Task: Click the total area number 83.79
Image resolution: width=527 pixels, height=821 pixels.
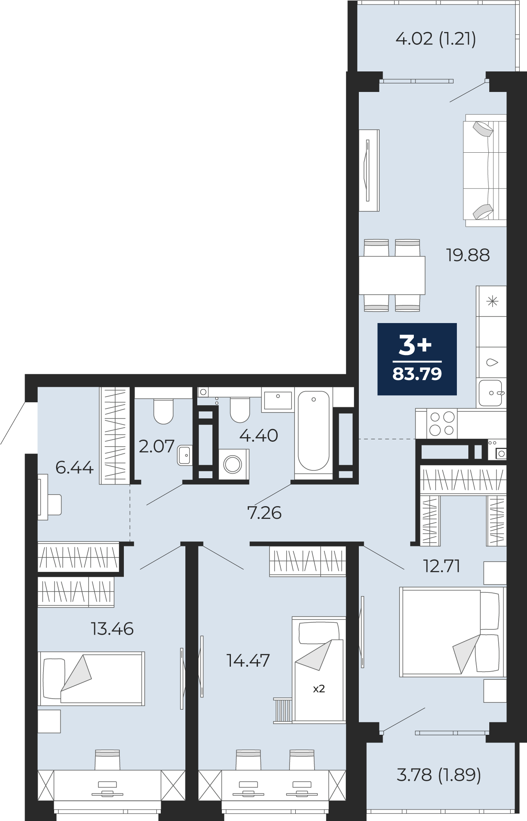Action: point(417,374)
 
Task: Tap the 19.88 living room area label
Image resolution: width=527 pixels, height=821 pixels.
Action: point(468,255)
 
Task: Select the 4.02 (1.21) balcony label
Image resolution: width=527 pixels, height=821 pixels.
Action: point(436,39)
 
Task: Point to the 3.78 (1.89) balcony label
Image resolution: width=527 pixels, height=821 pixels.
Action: point(439,775)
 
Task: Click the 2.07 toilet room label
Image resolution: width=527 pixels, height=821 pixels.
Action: point(157,446)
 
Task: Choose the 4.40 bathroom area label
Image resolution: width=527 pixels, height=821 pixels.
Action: point(259,435)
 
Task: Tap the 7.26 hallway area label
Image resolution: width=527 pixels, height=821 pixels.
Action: point(265,513)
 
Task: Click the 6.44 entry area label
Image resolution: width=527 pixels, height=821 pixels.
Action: point(75,468)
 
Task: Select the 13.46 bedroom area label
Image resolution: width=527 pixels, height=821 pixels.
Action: point(112,629)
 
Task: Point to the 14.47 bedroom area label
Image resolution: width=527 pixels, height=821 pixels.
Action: point(248,660)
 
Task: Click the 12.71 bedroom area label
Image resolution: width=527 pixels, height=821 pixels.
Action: point(442,566)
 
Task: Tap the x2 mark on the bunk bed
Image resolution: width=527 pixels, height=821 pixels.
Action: point(319,689)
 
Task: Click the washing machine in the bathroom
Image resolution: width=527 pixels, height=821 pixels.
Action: point(233,464)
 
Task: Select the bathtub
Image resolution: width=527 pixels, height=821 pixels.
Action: point(314,431)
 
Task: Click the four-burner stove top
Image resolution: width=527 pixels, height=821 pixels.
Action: point(442,424)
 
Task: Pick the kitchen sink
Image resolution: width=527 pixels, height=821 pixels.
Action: point(491,393)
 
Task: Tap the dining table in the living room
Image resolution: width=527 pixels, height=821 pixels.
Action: point(392,275)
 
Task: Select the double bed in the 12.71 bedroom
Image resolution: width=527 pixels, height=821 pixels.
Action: point(452,632)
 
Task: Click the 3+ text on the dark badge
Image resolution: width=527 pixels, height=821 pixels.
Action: point(415,345)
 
